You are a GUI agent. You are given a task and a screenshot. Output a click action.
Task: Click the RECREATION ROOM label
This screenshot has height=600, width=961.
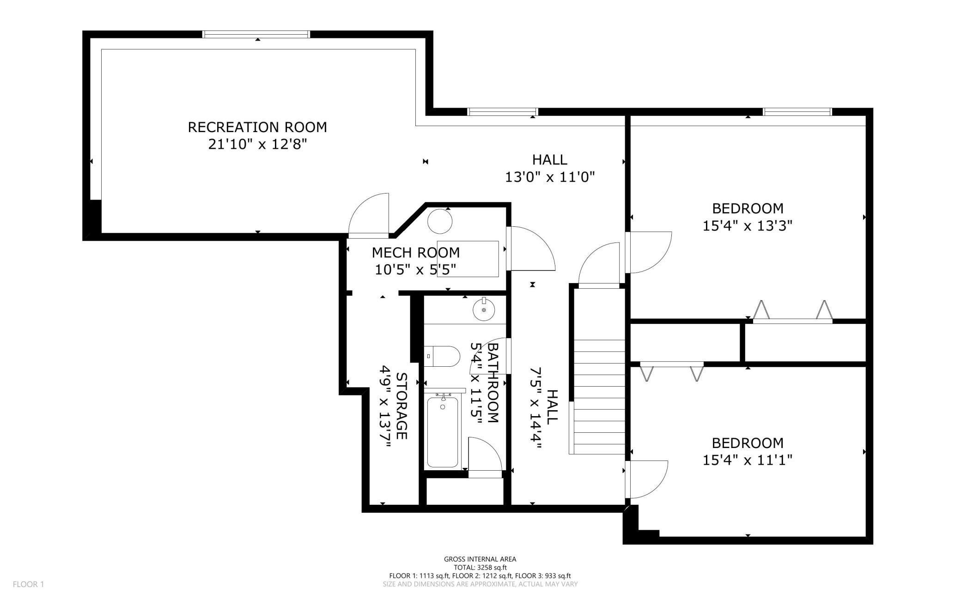coord(257,127)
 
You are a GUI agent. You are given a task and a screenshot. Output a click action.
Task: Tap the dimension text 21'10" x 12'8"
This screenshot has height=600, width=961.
coord(257,145)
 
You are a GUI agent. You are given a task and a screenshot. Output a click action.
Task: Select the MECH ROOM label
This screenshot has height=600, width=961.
coord(416,253)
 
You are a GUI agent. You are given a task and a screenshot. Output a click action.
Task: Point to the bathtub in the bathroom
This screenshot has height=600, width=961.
coord(443,431)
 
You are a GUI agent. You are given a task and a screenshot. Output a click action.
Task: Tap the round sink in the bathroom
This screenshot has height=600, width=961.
coord(484,309)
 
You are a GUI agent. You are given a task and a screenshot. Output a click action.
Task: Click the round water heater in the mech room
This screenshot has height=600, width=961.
coord(440,221)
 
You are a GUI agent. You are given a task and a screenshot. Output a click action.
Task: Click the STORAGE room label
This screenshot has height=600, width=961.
coord(401,406)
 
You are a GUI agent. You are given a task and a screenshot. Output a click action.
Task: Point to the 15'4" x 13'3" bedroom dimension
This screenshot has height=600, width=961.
coord(748,226)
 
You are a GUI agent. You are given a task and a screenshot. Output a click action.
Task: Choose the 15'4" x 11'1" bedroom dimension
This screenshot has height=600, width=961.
coord(748,461)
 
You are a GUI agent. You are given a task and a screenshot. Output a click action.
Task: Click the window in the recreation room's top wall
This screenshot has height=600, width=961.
coord(256,34)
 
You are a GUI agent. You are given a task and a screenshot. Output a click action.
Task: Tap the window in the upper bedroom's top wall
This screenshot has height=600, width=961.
coord(797,111)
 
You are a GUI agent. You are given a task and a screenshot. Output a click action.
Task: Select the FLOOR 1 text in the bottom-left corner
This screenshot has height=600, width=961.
coord(28,584)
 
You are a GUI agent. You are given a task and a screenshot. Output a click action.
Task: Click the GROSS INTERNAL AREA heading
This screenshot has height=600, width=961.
coord(480,559)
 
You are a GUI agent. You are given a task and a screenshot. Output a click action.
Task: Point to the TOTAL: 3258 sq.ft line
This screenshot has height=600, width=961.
coord(480,568)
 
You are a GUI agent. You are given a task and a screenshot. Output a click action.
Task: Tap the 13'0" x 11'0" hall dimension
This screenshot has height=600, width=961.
coord(549,177)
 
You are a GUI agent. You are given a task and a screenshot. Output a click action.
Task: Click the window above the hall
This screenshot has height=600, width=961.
coord(503,111)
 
